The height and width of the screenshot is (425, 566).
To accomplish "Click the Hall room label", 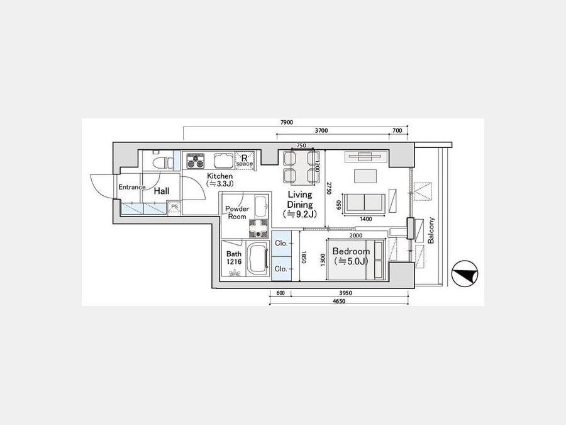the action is click(162, 191).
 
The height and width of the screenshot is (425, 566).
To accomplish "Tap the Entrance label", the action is click(132, 187).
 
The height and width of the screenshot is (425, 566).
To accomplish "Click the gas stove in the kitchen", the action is click(196, 161).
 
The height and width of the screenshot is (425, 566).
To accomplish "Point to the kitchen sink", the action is click(224, 161).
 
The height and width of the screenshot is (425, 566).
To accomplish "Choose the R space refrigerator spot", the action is click(245, 161).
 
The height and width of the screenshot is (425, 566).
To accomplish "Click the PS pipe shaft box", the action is click(175, 207).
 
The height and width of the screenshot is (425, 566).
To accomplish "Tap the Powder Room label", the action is click(237, 213).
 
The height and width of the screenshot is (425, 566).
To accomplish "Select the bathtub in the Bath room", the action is click(257, 259).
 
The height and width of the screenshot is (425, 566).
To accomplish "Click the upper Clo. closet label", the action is click(281, 243).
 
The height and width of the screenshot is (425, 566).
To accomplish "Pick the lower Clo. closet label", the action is click(281, 269).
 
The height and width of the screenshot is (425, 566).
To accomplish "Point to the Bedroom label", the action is click(351, 251).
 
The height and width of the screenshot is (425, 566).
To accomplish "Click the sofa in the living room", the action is click(365, 204).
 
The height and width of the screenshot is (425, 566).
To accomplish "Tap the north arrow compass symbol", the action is click(465, 274).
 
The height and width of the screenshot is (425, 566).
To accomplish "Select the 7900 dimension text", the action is click(287, 123).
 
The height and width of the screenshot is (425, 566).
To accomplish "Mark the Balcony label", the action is click(431, 230).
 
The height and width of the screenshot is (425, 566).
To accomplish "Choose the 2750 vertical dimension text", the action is click(329, 188).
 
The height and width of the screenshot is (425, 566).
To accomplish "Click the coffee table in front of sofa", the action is click(365, 176).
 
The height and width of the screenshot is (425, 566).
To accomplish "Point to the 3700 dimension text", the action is click(321, 131).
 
